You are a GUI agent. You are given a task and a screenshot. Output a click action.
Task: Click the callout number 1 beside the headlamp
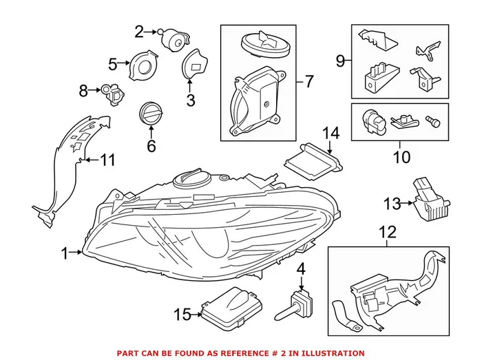[x=65, y=254]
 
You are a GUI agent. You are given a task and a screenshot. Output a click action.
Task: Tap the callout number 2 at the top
[x=139, y=31]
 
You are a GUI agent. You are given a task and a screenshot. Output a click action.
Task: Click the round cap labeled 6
[x=150, y=114]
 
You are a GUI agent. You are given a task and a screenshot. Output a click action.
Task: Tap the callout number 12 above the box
[x=387, y=232]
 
